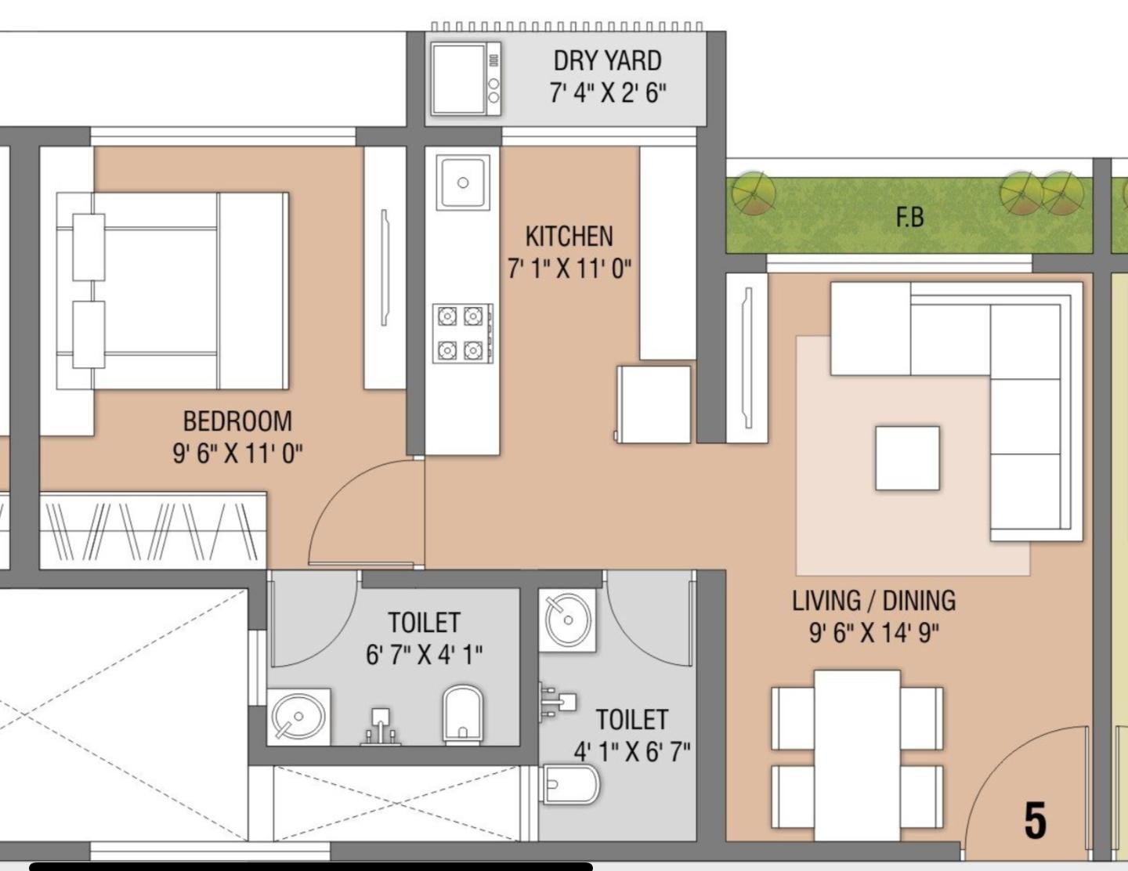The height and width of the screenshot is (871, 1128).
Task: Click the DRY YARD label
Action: coord(607,61)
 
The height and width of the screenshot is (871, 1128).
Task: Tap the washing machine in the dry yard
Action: coord(465,79)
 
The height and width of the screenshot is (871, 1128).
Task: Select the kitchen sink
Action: coord(463,183)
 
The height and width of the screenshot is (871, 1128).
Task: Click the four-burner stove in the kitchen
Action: coord(463,333)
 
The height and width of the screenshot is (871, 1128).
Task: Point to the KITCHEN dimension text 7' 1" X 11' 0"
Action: coord(569,269)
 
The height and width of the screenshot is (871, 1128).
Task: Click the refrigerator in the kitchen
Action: coord(653,404)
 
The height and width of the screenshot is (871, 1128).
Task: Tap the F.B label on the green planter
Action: coord(910,217)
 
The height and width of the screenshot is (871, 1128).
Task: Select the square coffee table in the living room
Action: coord(907,457)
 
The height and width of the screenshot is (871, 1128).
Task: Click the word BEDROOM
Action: coord(237,421)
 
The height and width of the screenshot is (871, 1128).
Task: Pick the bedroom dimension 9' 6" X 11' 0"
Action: coord(237,454)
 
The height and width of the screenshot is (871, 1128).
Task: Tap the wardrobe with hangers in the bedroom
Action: coord(153,530)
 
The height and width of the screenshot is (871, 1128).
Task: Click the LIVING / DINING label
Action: coord(873,601)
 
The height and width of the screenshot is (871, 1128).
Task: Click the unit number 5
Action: coord(1035,820)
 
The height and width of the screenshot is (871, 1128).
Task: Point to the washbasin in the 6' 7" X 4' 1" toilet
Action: coord(298,717)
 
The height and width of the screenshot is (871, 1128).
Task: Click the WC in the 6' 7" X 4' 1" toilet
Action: coord(463,714)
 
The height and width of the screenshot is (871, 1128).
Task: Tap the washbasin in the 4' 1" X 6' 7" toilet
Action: coord(567,620)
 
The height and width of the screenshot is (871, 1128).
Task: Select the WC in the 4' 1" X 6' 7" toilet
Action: coord(569,783)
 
